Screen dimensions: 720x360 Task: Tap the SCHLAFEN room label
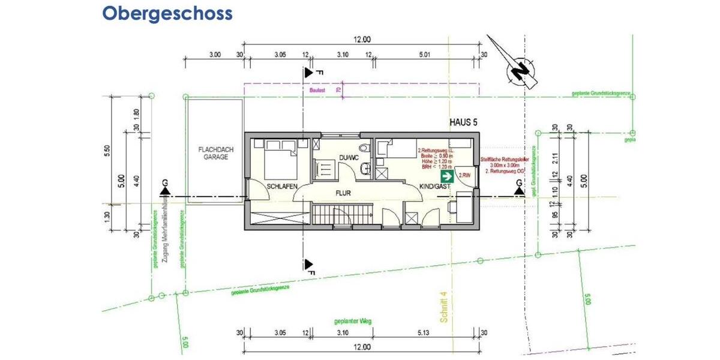point(282,187)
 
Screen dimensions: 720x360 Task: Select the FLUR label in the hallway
point(343,193)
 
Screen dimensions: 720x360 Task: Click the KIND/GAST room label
point(434,187)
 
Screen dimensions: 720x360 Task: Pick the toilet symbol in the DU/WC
point(365,148)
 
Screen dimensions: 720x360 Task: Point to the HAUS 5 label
point(463,122)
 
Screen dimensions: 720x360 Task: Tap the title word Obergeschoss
point(167,13)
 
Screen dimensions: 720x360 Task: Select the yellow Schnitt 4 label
point(444,307)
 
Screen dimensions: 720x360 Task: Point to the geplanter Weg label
point(353,322)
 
